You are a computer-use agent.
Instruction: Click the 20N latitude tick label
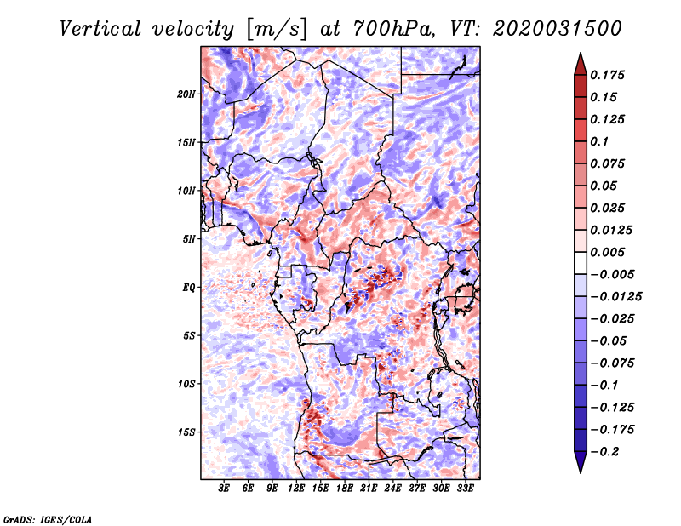point(187,94)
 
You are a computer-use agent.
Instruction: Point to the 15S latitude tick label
point(187,432)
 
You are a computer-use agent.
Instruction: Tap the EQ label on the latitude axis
point(190,287)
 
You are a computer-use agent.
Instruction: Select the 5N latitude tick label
point(190,239)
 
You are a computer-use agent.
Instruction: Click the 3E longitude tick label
point(225,489)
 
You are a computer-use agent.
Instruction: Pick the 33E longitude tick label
point(466,489)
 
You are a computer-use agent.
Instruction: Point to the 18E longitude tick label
point(345,489)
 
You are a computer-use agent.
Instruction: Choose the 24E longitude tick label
point(393,489)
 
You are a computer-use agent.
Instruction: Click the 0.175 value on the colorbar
point(609,75)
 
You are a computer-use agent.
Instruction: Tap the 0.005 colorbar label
point(609,252)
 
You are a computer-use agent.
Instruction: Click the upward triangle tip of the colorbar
point(579,56)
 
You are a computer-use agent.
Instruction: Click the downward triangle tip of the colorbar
point(579,470)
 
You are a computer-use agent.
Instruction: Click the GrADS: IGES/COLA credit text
point(47,518)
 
